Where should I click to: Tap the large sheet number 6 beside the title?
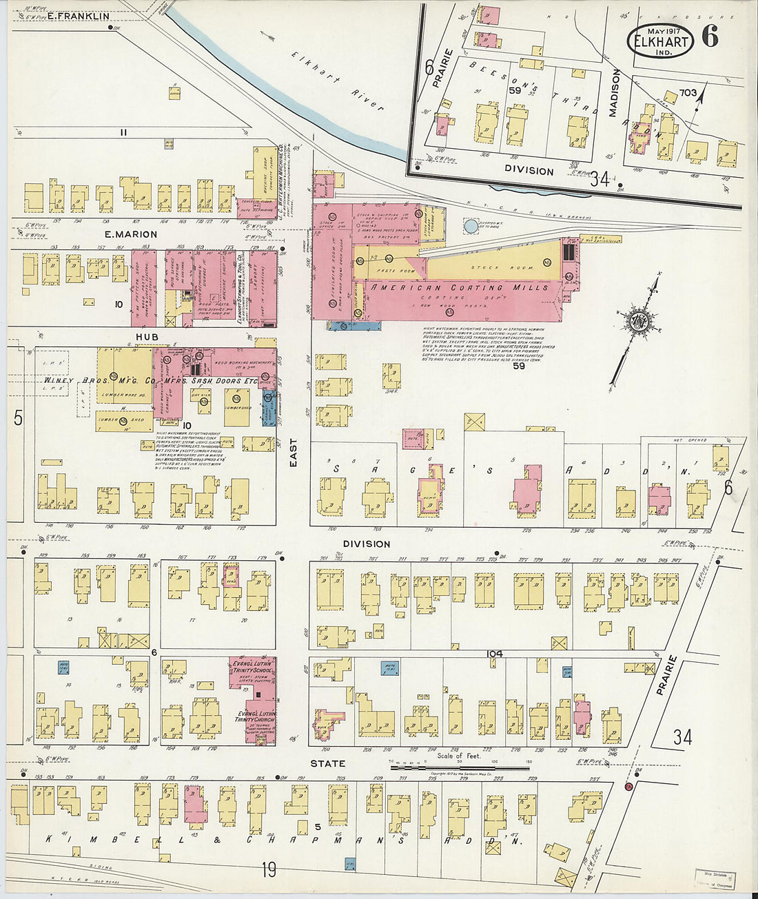point(710,36)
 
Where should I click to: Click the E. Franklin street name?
point(78,16)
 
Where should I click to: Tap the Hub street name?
point(147,336)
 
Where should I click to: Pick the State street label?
point(327,763)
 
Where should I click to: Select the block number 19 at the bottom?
point(268,870)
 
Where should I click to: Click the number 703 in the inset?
point(687,92)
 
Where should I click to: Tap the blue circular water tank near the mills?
point(470,225)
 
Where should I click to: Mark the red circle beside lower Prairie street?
point(628,787)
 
